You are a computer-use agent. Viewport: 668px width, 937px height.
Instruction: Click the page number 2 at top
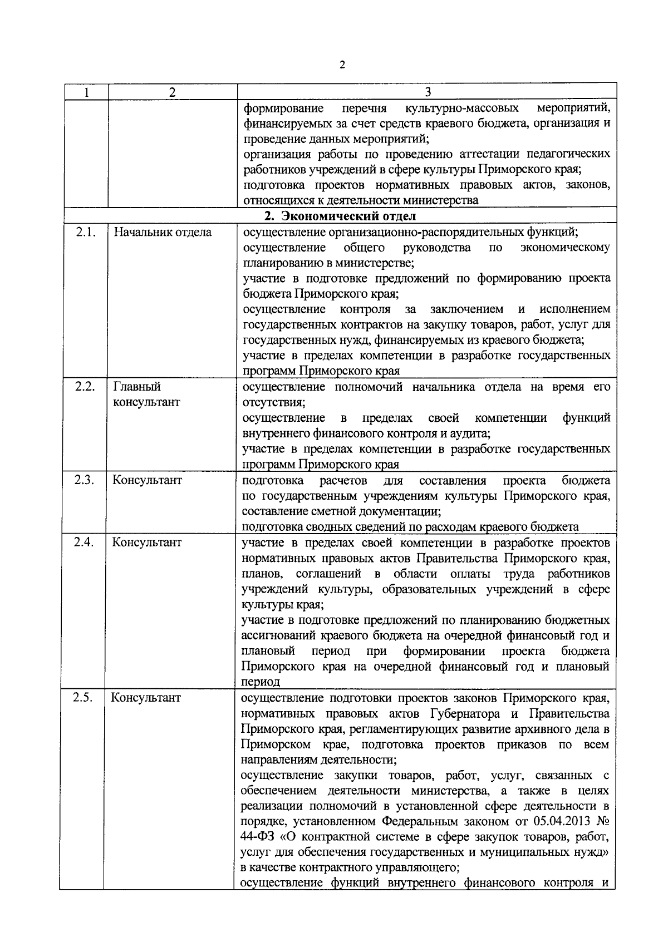342,66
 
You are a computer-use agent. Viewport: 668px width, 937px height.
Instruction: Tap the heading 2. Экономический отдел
340,216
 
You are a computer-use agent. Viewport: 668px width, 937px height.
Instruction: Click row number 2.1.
85,232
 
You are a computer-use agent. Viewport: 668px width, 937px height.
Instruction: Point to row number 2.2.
85,386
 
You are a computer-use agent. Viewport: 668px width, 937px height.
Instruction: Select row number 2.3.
85,480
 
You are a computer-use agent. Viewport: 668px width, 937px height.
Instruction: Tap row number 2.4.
85,542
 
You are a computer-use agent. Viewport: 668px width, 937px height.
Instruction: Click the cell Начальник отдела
163,232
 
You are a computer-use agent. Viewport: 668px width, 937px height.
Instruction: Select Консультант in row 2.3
147,480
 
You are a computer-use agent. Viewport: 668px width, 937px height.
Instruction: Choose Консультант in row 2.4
147,542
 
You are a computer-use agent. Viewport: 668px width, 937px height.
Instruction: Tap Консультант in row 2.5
146,697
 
